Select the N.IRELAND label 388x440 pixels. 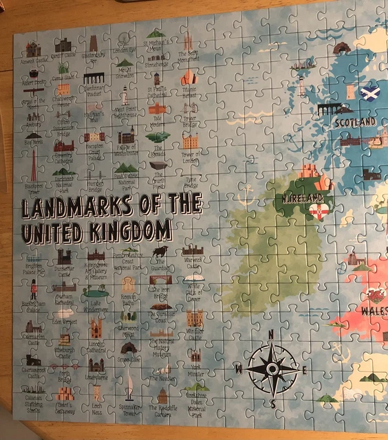(x=300, y=198)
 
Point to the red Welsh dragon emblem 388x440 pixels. (x=376, y=296)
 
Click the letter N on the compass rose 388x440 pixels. (x=271, y=335)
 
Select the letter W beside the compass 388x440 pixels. (x=238, y=369)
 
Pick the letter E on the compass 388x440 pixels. (x=304, y=370)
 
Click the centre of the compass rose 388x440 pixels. (x=272, y=370)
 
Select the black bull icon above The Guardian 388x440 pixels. (x=162, y=252)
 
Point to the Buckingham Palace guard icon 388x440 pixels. (x=33, y=287)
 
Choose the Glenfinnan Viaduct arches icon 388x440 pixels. (x=93, y=78)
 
